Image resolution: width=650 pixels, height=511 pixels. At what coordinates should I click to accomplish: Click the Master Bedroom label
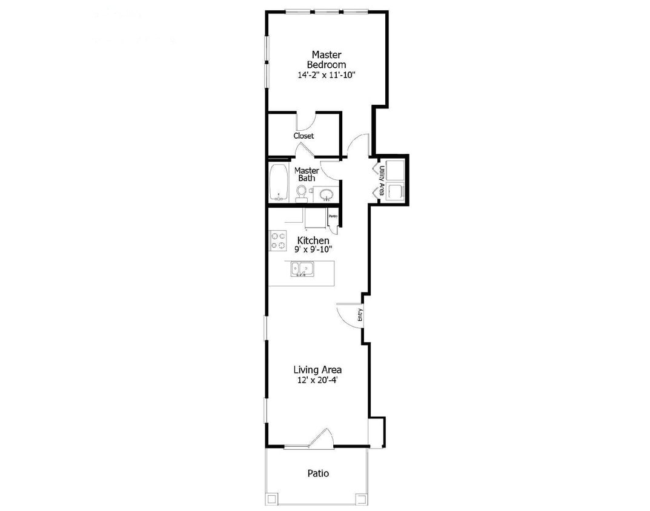326,59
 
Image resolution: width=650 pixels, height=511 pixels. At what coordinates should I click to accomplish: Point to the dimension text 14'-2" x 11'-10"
326,76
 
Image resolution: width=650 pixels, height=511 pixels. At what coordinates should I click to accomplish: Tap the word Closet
303,136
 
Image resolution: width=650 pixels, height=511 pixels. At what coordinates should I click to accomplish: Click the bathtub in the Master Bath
279,182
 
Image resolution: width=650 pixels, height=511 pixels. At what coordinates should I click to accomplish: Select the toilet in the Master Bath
302,193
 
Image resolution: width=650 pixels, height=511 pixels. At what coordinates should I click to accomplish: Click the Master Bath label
307,174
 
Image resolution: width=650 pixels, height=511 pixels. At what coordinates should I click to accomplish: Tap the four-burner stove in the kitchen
278,241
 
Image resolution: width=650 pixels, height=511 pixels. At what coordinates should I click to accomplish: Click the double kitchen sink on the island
301,268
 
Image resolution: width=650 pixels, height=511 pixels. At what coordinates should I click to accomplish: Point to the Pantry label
333,216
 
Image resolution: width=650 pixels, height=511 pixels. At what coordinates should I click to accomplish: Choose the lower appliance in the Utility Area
396,192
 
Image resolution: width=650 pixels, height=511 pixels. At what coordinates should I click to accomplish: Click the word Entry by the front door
360,315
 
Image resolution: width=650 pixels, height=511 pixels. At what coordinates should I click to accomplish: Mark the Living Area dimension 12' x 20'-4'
317,380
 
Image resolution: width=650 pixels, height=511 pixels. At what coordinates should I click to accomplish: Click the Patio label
318,473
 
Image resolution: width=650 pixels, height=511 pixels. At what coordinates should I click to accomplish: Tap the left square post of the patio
272,499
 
